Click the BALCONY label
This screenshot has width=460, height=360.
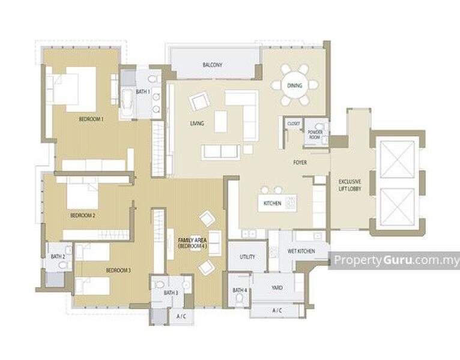point(213,65)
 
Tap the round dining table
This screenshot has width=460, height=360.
point(294,86)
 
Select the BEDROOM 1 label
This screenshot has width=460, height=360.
point(91,119)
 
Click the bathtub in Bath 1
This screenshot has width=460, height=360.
point(127,100)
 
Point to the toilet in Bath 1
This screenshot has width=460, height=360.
point(153,79)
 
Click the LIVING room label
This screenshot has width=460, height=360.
point(197,124)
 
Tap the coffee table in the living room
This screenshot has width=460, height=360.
point(220,121)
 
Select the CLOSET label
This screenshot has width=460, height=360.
point(294,124)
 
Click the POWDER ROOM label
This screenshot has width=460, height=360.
point(315,134)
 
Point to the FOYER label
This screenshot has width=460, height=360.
point(300,163)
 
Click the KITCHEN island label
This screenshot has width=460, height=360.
point(272,203)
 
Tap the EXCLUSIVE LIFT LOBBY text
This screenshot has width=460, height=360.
point(350,185)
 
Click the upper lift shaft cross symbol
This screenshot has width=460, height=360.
point(397,159)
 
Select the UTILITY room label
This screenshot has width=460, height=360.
point(247,257)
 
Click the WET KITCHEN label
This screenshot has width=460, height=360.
point(301,251)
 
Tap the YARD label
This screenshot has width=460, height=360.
point(277,287)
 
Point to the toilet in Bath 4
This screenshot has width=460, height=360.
point(240,299)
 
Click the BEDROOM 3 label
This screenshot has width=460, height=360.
point(118,270)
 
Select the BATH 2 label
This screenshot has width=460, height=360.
point(58,257)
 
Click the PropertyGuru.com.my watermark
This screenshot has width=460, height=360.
point(396,260)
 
